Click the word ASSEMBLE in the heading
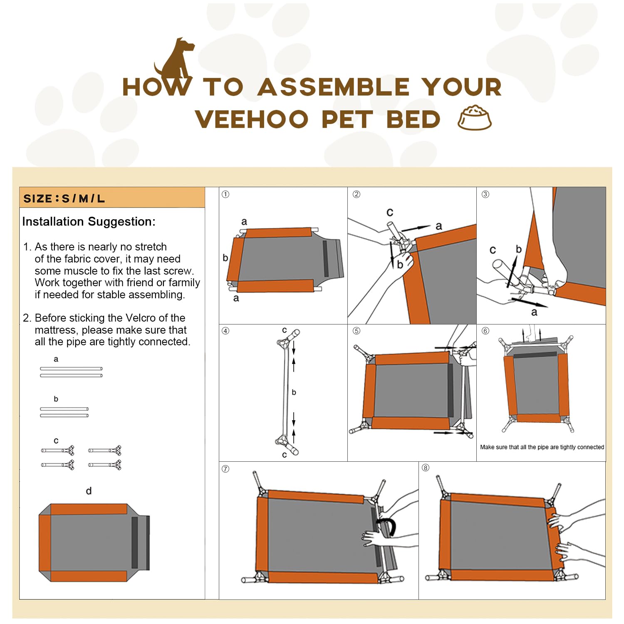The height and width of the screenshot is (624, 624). click(333, 87)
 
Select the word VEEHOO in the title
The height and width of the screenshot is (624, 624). click(251, 119)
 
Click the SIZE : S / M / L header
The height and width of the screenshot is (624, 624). click(64, 198)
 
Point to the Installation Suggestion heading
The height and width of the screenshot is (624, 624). click(89, 222)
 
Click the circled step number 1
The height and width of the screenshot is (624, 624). click(225, 194)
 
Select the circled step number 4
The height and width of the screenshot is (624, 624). click(225, 331)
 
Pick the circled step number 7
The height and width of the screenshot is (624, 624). click(225, 469)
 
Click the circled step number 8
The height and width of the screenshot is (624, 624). click(425, 468)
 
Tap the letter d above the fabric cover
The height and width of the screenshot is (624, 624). click(89, 491)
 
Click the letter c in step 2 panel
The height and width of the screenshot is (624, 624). click(389, 212)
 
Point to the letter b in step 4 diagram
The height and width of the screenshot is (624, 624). click(294, 392)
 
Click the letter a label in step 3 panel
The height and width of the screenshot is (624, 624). click(534, 312)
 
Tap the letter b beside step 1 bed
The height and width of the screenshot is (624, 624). click(225, 258)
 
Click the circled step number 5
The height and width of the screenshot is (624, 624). click(356, 331)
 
